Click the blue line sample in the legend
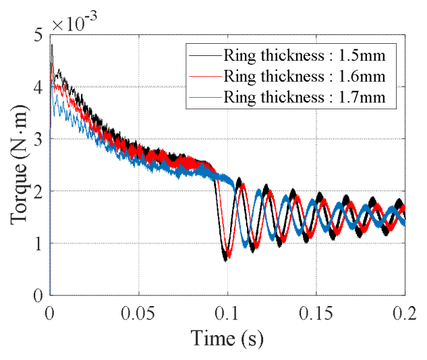pos(204,96)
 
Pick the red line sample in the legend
pos(204,76)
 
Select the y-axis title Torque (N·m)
pos(18,165)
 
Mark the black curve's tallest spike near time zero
pos(52,46)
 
